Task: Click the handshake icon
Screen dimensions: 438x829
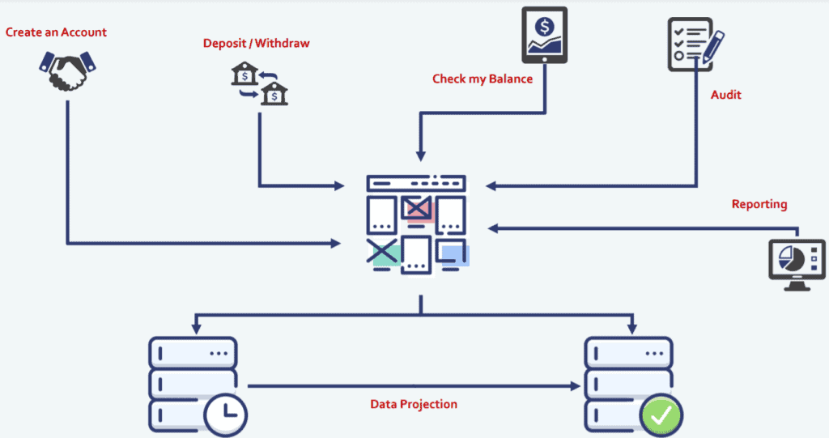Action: pos(66,71)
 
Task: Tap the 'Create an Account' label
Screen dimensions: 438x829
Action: pos(56,32)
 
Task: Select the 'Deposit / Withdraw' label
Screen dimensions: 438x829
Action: pos(256,43)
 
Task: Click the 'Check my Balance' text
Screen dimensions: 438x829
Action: pos(483,79)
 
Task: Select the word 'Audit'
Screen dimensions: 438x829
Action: pos(726,95)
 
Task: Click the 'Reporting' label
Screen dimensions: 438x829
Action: pos(759,204)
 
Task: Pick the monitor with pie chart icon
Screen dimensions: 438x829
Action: pos(797,263)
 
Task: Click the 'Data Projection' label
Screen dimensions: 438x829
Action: pos(414,404)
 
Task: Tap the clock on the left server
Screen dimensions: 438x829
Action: pos(225,415)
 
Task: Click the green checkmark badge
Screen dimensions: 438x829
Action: pos(661,415)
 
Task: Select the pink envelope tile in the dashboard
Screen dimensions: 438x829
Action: pos(419,210)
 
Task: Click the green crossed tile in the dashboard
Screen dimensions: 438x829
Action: pos(384,253)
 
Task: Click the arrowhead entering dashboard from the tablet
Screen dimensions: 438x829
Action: pos(420,155)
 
